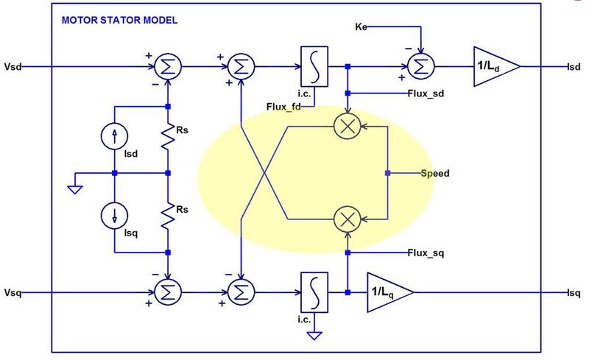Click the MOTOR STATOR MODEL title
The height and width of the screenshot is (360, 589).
coord(119,20)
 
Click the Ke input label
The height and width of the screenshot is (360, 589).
coord(359,27)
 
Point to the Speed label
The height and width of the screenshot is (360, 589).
coord(434,174)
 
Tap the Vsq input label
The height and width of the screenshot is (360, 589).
coord(14,292)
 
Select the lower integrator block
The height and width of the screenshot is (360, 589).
coord(312,292)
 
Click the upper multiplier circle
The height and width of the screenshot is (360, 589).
coord(347,126)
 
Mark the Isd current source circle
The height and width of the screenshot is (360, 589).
coord(114,135)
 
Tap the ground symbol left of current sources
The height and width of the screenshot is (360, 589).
coord(73,188)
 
